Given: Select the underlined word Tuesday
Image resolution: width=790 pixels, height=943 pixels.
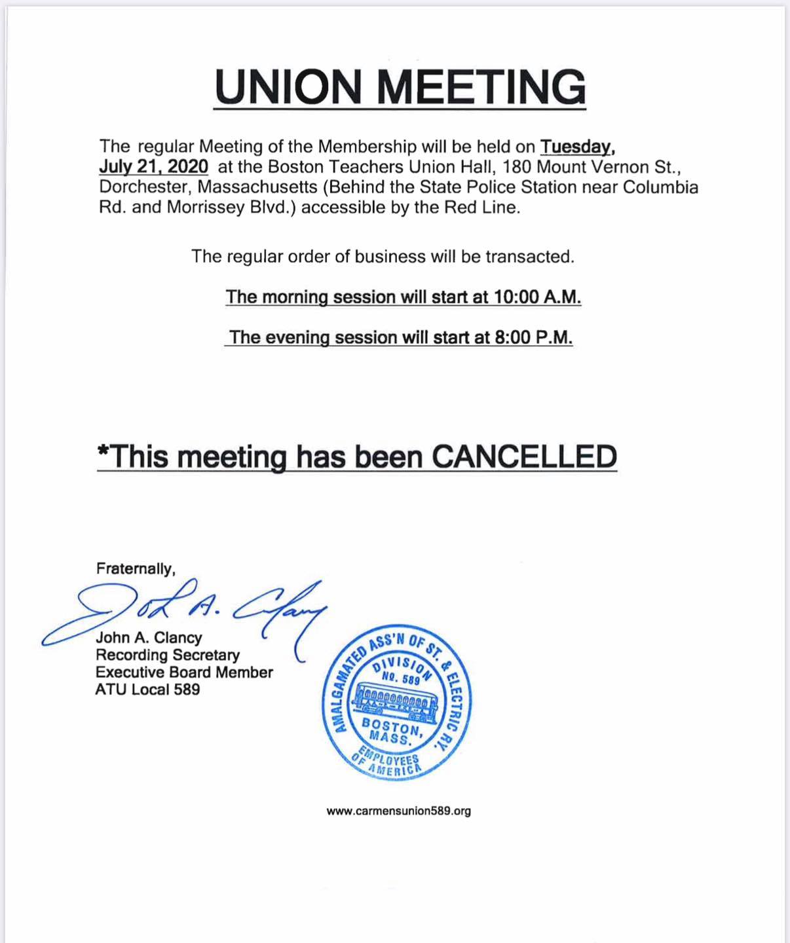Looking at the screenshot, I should coord(576,146).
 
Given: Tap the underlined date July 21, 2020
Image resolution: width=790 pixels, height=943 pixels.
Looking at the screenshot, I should coord(154,166).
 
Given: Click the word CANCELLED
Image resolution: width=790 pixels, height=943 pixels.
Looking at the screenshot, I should coord(525,456).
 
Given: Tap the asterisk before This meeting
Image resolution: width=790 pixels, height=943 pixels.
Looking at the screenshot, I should coord(103,451).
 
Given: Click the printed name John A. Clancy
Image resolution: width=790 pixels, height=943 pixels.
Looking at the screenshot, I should coord(149,638).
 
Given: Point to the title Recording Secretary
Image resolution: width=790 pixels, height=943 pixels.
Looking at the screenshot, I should coord(168,655).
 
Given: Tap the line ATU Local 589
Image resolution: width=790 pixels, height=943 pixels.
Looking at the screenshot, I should coord(147,690).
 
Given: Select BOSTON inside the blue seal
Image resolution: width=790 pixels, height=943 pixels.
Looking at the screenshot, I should coord(392,726).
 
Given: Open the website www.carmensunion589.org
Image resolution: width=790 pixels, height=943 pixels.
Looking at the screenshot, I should coord(398,811).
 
